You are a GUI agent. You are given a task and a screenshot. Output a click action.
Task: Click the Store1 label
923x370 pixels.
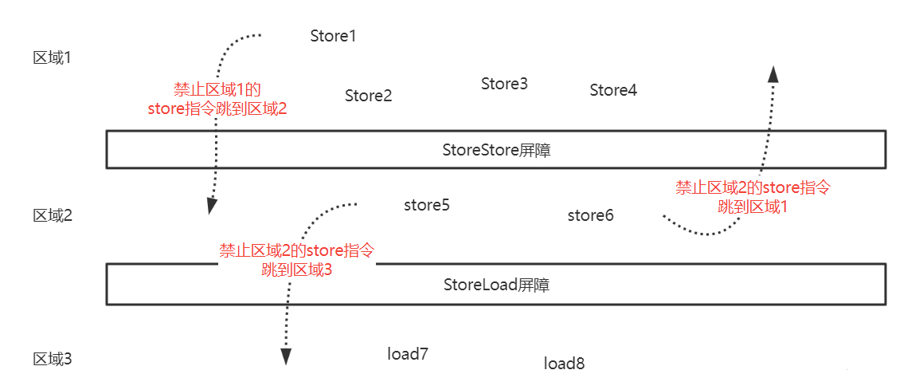[x=333, y=36]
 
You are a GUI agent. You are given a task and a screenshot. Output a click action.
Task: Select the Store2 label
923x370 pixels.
[x=368, y=96]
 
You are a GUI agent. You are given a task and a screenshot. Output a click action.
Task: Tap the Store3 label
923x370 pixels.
[x=504, y=84]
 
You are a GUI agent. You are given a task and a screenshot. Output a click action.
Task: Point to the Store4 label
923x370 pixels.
[x=613, y=90]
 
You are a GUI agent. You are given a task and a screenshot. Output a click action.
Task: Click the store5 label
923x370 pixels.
[x=427, y=205]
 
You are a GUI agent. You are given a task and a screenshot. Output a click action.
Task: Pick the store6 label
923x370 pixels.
[x=590, y=215]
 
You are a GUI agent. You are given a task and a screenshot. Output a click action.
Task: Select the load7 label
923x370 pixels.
[x=408, y=353]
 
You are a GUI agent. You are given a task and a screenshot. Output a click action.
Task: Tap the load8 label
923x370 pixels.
[x=564, y=363]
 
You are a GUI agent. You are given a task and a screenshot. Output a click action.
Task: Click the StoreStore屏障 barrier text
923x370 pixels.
[x=496, y=150]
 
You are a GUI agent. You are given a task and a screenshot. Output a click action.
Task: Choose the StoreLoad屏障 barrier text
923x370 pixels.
[x=496, y=285]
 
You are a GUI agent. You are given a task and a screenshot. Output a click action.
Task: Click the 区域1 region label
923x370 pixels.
[x=53, y=57]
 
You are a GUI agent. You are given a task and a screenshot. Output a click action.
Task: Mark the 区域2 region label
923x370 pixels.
[x=53, y=215]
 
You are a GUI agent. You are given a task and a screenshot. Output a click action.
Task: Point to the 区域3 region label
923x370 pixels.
[x=53, y=358]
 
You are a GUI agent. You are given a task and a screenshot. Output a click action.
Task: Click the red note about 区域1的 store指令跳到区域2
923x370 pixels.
[x=217, y=100]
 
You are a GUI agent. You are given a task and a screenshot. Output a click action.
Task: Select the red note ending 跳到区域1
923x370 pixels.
[x=753, y=197]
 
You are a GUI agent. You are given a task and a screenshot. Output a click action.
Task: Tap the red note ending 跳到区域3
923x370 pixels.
[x=296, y=260]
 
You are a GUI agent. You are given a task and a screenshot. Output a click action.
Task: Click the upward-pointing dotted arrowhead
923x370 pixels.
[x=772, y=73]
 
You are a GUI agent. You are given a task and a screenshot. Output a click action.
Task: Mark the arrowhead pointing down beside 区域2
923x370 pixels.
[x=212, y=206]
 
